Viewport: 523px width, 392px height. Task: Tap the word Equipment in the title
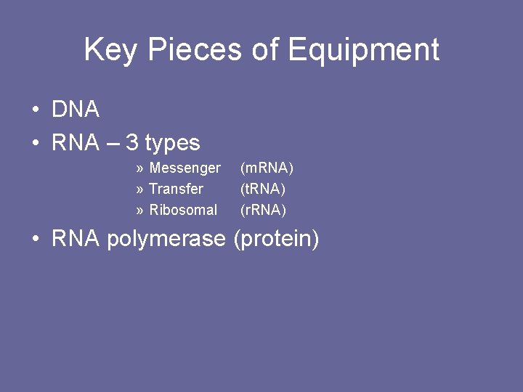point(363,50)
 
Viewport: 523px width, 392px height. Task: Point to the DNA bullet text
point(76,110)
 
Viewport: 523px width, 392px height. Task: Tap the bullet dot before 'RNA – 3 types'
point(35,144)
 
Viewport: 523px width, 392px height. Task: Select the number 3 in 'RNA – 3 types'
point(131,142)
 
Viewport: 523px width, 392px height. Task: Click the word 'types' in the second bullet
point(172,144)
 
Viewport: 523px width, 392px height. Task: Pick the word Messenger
point(185,168)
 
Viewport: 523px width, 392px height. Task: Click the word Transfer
point(176,189)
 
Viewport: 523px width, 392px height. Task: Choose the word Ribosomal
point(183,210)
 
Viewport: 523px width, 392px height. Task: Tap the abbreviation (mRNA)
point(267,168)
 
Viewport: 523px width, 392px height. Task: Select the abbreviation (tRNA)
point(263,189)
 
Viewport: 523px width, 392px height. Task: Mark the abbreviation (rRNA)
point(264,210)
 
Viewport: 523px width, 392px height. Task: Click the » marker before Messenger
point(139,169)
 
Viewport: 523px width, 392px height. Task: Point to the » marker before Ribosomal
point(139,211)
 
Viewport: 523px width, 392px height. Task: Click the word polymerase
point(166,240)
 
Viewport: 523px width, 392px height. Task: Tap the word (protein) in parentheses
point(276,240)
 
